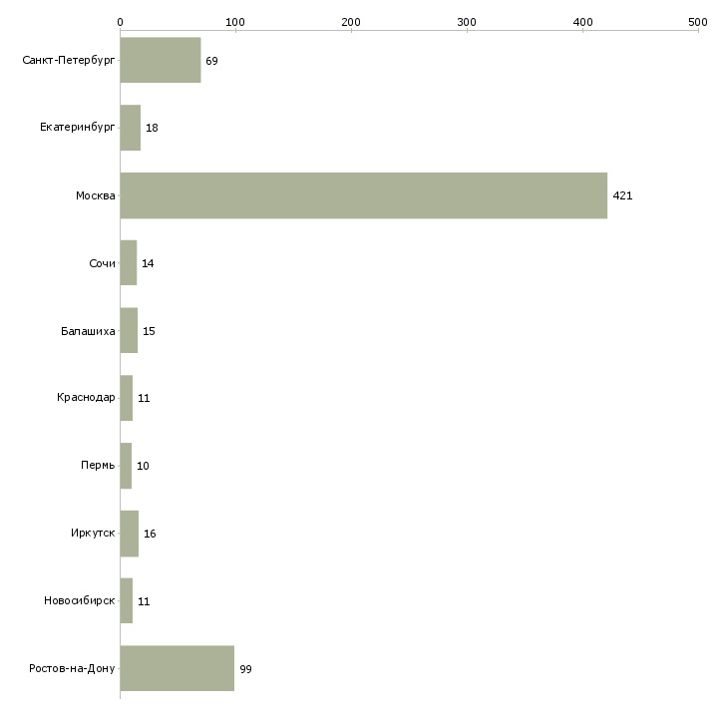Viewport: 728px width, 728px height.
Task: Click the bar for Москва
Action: pyautogui.click(x=364, y=195)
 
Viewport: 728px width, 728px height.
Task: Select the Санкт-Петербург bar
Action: pyautogui.click(x=161, y=60)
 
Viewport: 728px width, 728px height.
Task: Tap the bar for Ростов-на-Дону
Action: pyautogui.click(x=178, y=668)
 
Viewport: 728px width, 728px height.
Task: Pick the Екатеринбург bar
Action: pyautogui.click(x=131, y=128)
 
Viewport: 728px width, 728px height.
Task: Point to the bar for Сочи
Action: pyautogui.click(x=129, y=263)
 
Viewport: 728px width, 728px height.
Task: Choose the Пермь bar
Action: pyautogui.click(x=126, y=466)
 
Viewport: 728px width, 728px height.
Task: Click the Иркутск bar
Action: pyautogui.click(x=130, y=534)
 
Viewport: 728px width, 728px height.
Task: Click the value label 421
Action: pyautogui.click(x=622, y=195)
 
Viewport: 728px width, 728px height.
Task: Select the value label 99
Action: pyautogui.click(x=245, y=669)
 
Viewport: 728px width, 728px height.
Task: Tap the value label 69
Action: pyautogui.click(x=211, y=61)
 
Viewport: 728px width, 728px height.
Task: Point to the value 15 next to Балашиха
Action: pyautogui.click(x=149, y=331)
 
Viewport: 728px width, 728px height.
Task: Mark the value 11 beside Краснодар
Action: pyautogui.click(x=144, y=398)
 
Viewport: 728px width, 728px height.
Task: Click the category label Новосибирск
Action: pyautogui.click(x=80, y=600)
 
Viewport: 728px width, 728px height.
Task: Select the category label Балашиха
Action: pyautogui.click(x=88, y=331)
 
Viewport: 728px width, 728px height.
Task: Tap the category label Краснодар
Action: pyautogui.click(x=86, y=398)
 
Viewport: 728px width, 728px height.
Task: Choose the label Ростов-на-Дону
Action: pyautogui.click(x=72, y=668)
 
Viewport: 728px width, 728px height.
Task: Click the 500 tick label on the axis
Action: pyautogui.click(x=698, y=22)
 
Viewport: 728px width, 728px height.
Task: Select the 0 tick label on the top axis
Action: pyautogui.click(x=121, y=22)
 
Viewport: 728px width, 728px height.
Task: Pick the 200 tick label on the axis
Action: pyautogui.click(x=351, y=22)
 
